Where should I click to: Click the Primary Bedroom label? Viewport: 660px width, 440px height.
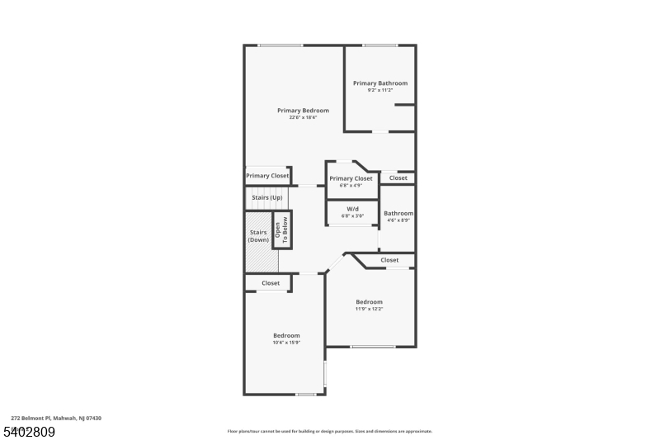[x=303, y=111]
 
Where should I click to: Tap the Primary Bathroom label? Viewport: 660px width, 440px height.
[x=379, y=83]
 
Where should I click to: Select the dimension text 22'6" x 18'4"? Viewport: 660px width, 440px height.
[x=303, y=118]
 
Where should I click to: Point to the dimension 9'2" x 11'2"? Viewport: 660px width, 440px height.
[x=379, y=90]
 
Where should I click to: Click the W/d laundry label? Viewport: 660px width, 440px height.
[x=352, y=209]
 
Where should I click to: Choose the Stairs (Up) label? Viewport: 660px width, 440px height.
[x=266, y=198]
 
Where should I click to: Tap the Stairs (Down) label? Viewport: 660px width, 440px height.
[x=258, y=236]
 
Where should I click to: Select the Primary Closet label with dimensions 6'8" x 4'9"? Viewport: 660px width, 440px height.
[x=351, y=178]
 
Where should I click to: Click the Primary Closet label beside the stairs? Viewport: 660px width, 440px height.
[x=267, y=176]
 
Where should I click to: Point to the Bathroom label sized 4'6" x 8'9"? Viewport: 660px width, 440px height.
[x=398, y=214]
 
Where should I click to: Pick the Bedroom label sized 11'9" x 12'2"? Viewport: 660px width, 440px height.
[x=369, y=302]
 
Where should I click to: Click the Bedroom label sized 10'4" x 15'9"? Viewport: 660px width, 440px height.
[x=286, y=335]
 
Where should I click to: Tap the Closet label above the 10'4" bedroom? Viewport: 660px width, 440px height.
[x=271, y=283]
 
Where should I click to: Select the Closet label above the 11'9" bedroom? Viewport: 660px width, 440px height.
[x=389, y=261]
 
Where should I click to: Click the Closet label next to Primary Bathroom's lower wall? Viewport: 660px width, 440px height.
[x=398, y=178]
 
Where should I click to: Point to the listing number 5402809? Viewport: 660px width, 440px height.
[x=29, y=432]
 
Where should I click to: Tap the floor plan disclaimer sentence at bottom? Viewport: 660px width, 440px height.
[x=329, y=431]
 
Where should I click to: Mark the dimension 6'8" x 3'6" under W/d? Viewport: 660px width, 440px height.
[x=352, y=216]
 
